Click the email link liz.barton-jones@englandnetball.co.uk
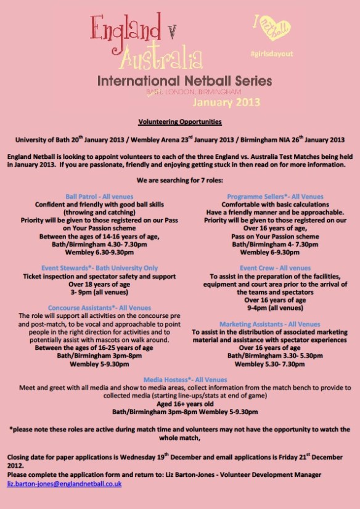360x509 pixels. pos(64,484)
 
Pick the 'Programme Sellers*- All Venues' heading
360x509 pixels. pos(266,197)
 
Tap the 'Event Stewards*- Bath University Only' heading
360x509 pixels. pos(91,269)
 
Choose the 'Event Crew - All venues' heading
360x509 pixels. pos(267,269)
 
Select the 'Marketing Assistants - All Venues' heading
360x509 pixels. pos(269,324)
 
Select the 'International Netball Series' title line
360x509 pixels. pos(184,81)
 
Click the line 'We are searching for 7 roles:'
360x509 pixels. pos(181,182)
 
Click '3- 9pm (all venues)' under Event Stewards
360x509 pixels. pos(91,293)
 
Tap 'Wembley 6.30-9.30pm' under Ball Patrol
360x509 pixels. pos(91,252)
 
